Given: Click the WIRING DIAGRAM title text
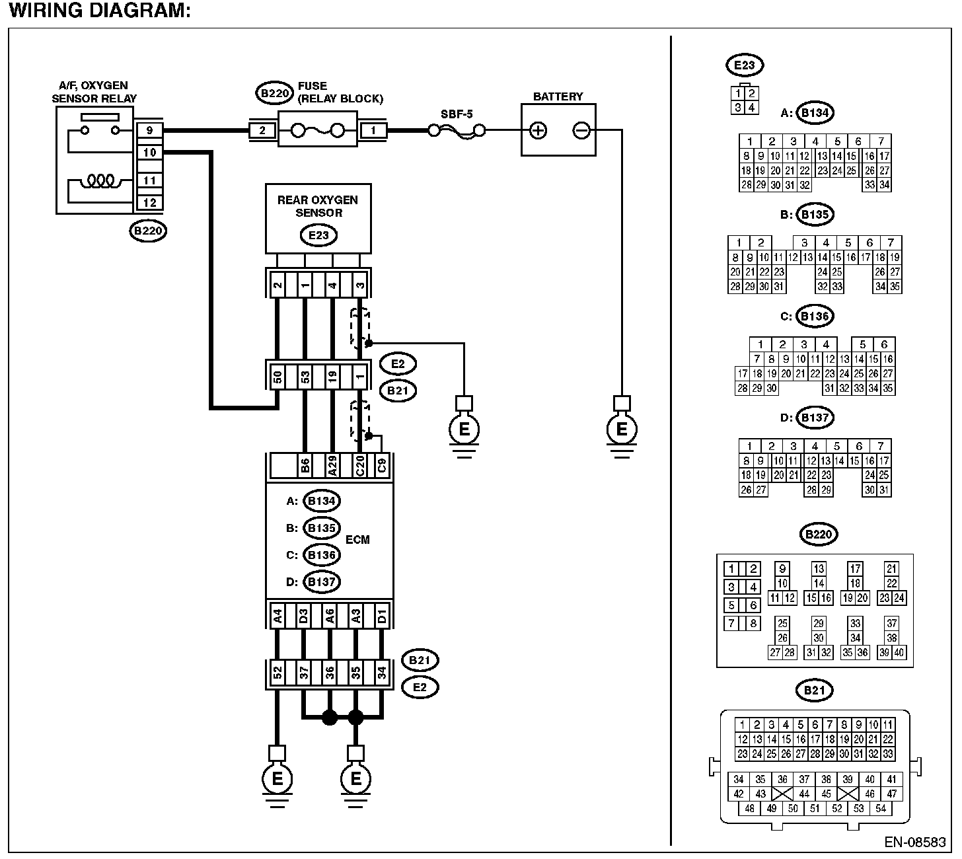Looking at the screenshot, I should (x=100, y=11).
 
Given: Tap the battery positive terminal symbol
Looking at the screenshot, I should (x=538, y=130).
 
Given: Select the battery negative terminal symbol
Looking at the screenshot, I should (x=581, y=130).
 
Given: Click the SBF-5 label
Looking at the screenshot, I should (x=457, y=114).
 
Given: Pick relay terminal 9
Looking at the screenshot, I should (x=149, y=131).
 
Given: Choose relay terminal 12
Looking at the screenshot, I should (x=149, y=202).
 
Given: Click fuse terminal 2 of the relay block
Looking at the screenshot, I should (x=262, y=131).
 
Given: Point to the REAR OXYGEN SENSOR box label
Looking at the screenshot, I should (x=318, y=206).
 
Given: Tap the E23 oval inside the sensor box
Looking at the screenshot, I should (x=318, y=235).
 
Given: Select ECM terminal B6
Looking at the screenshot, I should (x=305, y=466).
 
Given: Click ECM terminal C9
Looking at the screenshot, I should (x=382, y=466).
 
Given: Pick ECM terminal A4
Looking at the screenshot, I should (x=277, y=616).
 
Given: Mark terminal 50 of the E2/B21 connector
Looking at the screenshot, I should (x=277, y=377).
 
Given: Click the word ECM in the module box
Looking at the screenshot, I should (x=357, y=539).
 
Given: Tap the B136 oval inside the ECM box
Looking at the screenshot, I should (x=322, y=554).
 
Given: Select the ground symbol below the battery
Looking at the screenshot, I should (x=621, y=430).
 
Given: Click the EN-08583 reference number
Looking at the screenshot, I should (x=916, y=843).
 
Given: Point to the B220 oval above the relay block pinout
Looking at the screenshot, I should (x=818, y=534).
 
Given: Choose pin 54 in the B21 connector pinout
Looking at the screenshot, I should (x=880, y=808).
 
